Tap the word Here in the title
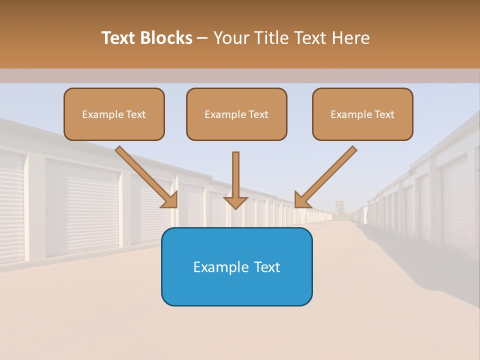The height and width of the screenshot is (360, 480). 350,38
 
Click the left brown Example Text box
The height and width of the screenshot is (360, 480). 114,114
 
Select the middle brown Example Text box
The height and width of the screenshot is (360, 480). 236,114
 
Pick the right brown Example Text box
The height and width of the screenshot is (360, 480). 362,114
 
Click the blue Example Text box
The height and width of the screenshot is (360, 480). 236,267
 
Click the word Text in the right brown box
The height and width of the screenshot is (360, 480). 384,114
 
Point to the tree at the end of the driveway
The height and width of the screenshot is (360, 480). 340,206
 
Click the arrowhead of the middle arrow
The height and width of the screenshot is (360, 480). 236,202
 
